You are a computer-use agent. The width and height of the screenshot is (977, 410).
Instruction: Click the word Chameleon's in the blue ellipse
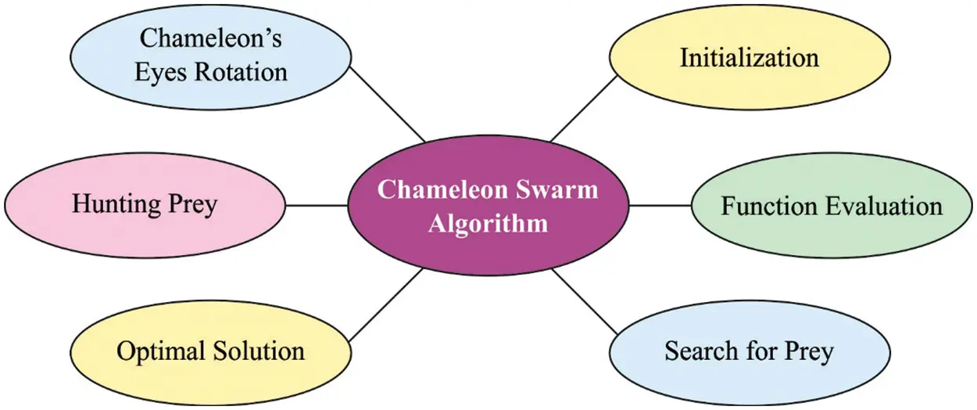[x=210, y=38]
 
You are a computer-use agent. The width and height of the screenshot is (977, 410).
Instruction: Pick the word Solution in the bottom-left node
[x=257, y=351]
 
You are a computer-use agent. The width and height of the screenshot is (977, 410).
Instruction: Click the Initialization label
[x=749, y=58]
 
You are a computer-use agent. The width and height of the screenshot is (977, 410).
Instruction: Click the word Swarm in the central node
[x=560, y=189]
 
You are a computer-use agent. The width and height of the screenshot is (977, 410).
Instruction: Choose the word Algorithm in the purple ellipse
[x=488, y=224]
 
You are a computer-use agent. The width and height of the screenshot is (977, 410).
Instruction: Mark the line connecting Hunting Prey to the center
[x=317, y=206]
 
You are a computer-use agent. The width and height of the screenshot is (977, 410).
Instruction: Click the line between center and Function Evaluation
[x=660, y=206]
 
